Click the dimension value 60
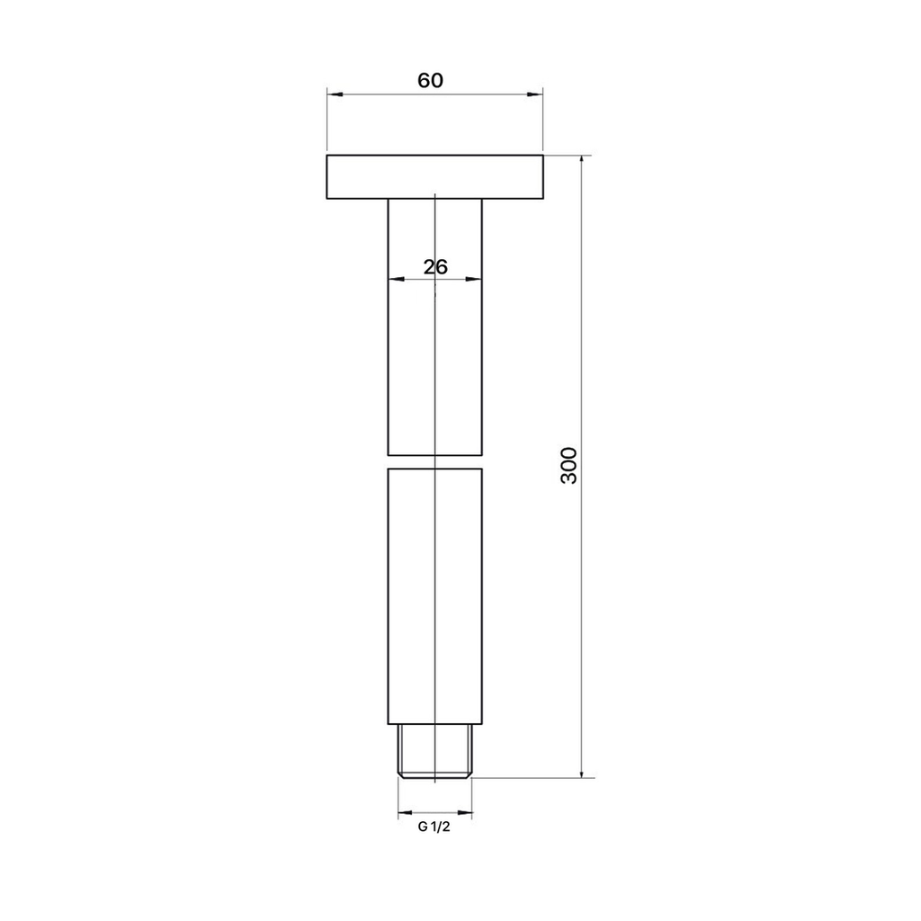(x=430, y=80)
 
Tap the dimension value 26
(x=435, y=267)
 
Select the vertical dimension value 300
(x=569, y=466)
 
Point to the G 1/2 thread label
(x=434, y=827)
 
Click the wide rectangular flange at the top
(x=434, y=177)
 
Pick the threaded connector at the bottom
(x=434, y=751)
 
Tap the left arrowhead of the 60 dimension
(x=335, y=94)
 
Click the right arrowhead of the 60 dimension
(x=535, y=94)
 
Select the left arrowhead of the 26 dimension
(x=397, y=279)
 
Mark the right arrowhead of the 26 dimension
(x=473, y=279)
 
